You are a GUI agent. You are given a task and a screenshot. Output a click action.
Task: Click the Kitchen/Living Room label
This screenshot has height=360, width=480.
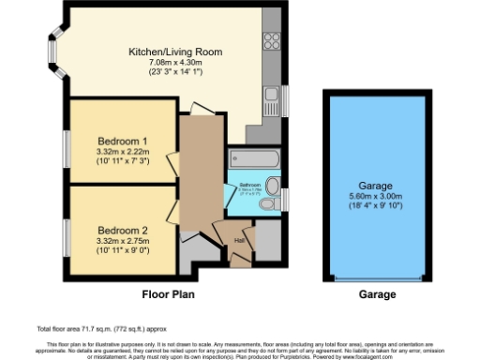click(x=175, y=52)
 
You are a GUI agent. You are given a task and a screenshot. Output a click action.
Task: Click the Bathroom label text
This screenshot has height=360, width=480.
click(x=249, y=185)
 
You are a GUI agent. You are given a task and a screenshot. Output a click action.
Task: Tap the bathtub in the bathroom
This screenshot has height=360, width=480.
click(x=253, y=158)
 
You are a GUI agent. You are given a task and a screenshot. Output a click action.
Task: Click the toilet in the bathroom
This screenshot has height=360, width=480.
click(x=272, y=185)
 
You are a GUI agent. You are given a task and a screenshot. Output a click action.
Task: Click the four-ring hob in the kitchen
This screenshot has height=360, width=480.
click(x=273, y=40)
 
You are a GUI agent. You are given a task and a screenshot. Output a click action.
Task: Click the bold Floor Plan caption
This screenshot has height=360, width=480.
click(x=168, y=293)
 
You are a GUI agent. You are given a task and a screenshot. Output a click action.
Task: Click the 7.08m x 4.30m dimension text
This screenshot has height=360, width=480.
click(x=175, y=62)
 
